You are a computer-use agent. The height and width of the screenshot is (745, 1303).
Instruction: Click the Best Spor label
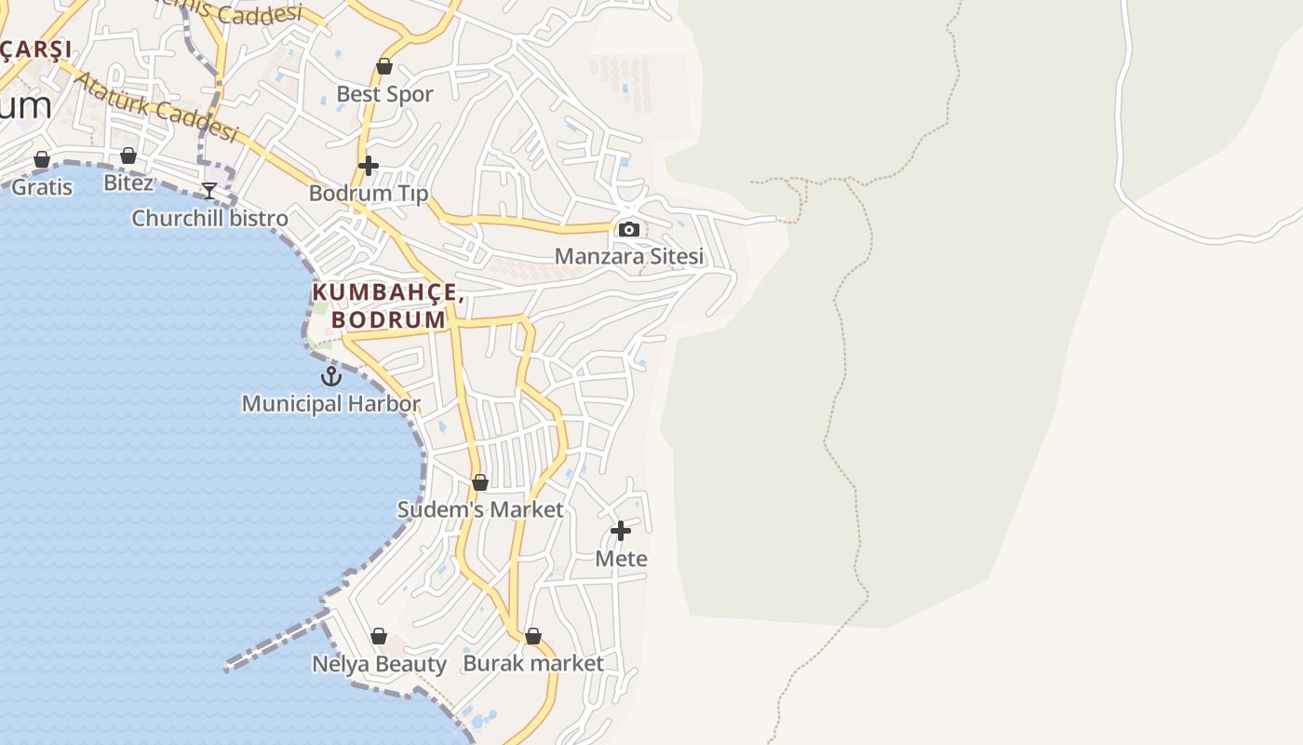coord(384,94)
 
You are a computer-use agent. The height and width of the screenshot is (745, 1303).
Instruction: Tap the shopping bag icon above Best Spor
coord(384,66)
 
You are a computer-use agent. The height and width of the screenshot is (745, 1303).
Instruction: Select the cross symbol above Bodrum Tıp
coord(369,166)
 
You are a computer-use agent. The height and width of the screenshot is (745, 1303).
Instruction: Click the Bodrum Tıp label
coord(369,194)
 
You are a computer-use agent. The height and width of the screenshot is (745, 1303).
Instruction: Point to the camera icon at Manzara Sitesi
coord(629,229)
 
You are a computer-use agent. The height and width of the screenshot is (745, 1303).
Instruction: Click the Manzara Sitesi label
coord(629,256)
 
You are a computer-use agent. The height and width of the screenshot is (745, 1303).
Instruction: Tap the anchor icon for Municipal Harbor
coord(331,376)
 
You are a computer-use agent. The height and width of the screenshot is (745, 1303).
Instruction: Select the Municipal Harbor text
coord(331,404)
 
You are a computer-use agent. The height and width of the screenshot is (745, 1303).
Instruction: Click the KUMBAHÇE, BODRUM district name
coord(388,305)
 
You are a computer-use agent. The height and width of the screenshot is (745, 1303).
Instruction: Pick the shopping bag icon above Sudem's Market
coord(480,482)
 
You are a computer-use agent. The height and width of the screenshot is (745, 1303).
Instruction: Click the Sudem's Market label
coord(480,509)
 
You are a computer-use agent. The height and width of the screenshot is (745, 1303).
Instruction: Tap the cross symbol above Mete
coord(621,531)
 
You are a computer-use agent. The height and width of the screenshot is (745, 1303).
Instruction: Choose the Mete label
coord(621,559)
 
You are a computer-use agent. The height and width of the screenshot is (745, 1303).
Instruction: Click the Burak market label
coord(533,663)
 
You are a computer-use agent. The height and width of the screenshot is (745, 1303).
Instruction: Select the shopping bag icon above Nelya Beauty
coord(379,636)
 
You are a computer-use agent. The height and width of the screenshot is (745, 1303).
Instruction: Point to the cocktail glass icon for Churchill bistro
coord(209,191)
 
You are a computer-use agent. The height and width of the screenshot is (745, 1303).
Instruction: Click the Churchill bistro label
coord(209,218)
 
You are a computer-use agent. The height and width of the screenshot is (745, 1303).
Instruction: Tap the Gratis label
coord(42,187)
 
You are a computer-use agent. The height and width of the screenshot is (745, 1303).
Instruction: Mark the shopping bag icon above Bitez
coord(128,156)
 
